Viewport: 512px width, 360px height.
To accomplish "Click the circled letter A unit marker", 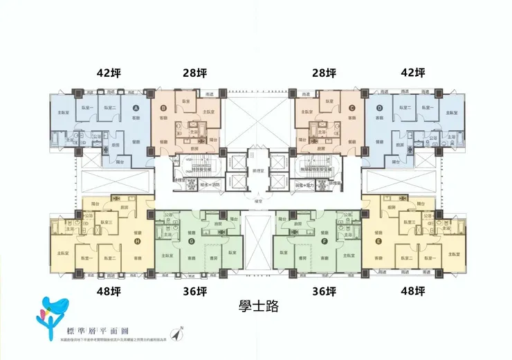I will click(x=136, y=107).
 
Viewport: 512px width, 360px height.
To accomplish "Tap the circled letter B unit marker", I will click(x=163, y=107).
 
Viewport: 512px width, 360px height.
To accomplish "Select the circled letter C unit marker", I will click(x=351, y=107).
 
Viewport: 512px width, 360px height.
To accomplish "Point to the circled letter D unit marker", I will click(x=379, y=107).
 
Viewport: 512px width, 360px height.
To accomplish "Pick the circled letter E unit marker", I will click(x=378, y=241).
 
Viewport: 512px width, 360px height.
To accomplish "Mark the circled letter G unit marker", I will click(x=191, y=241).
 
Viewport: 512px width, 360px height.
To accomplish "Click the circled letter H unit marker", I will click(x=137, y=241).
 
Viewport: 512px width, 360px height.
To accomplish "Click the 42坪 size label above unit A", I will click(x=110, y=73).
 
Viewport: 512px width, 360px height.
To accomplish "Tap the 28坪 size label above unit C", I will click(x=324, y=73).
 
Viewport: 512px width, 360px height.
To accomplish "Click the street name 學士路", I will click(x=257, y=305).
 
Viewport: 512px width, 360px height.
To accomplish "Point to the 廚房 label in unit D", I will click(x=401, y=145).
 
